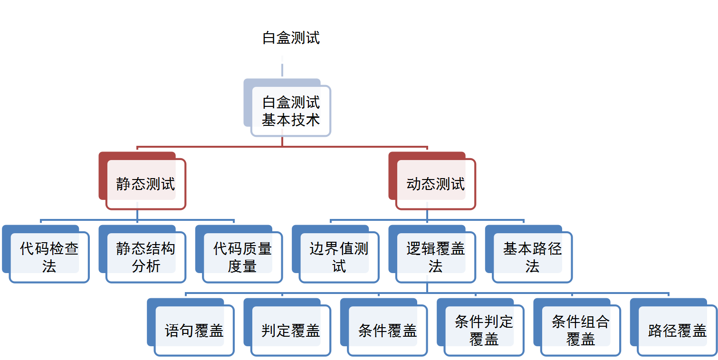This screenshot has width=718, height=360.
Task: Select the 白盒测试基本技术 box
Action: coord(290,111)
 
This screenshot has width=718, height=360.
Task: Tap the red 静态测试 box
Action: coord(145,184)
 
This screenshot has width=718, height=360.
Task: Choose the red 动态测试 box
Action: coord(435,184)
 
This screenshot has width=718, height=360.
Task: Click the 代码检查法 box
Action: coord(49,257)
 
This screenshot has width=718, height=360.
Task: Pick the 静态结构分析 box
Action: coord(145,257)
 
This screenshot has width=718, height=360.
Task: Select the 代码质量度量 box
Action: coord(242,257)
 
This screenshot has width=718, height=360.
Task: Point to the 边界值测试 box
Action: coord(339,257)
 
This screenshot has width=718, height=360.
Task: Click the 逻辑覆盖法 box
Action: coord(435,257)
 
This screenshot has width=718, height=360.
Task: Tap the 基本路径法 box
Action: coord(532,257)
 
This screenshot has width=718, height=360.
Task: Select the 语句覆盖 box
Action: coord(194,331)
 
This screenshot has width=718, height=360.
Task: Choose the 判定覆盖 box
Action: coord(290,331)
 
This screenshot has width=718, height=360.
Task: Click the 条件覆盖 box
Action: coord(387,331)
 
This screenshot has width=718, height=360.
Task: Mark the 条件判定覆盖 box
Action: coord(484,331)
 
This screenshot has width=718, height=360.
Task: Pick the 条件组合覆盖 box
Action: coord(580,331)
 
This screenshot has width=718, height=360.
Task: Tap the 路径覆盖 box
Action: coord(677,331)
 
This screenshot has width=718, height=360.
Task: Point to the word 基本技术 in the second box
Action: coord(290,120)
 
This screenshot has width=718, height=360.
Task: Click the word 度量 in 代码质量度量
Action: coord(242,266)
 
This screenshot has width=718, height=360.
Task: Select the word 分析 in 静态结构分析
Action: coord(145,266)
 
